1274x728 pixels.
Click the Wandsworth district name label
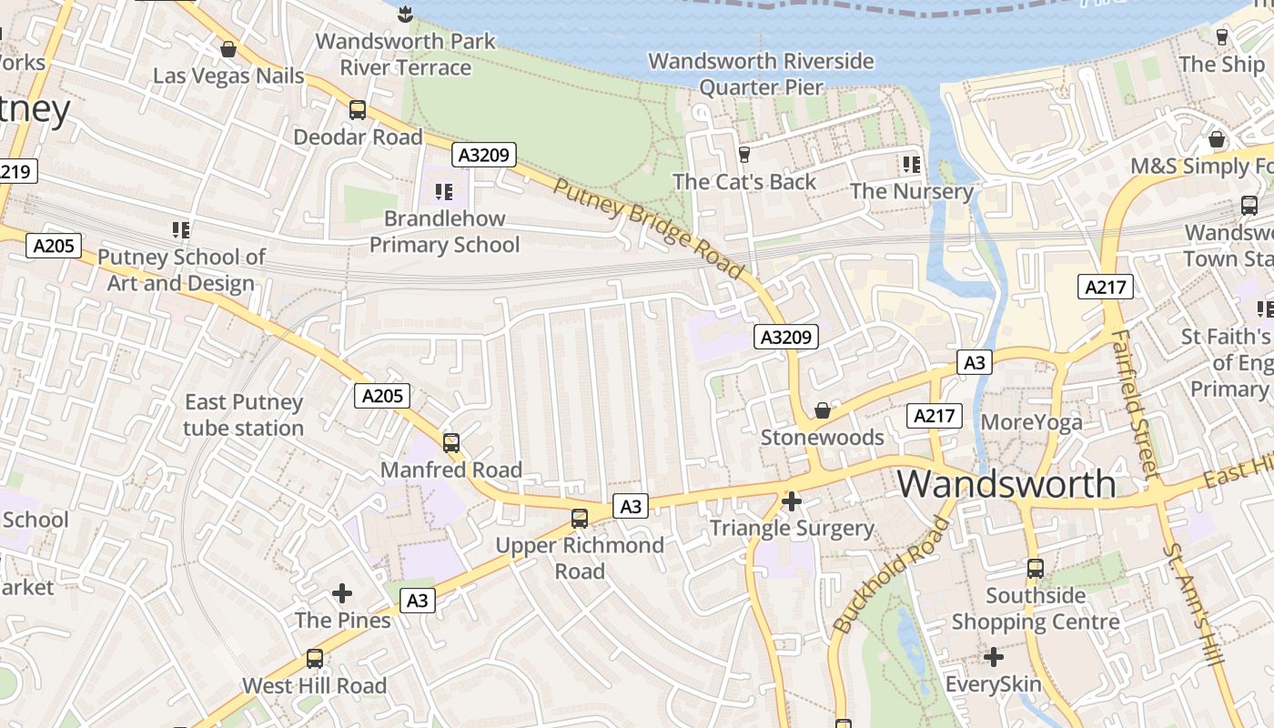[1006, 483]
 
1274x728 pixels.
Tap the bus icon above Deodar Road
[358, 110]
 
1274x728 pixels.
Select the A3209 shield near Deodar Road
[484, 155]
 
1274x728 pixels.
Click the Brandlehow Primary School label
[444, 231]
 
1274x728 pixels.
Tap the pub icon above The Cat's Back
[744, 155]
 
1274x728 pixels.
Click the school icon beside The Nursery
[911, 165]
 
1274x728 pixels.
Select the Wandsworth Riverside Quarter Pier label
[761, 74]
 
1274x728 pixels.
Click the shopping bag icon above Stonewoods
[822, 411]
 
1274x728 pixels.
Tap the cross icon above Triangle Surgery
[792, 501]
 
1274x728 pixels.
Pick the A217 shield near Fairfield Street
[1106, 287]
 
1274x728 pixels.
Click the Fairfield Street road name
[1134, 400]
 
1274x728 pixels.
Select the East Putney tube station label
[243, 415]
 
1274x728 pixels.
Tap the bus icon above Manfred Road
[450, 443]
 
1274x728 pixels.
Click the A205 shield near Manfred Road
[381, 395]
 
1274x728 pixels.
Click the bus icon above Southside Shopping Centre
[1035, 569]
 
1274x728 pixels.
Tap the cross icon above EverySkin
[994, 656]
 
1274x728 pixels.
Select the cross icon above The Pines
[342, 593]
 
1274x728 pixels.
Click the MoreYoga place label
[1031, 422]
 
